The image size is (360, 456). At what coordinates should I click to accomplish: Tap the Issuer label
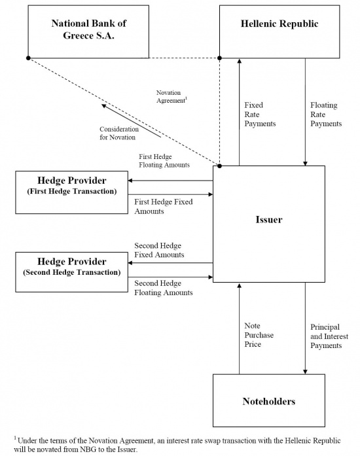[x=269, y=219]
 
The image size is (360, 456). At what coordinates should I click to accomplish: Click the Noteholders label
[x=269, y=401]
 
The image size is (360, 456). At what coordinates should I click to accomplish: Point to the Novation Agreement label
[x=171, y=97]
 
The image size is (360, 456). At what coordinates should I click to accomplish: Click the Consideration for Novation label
[x=118, y=133]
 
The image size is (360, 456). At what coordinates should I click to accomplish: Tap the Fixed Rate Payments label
[x=260, y=114]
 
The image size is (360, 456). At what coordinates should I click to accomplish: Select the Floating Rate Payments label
[x=326, y=114]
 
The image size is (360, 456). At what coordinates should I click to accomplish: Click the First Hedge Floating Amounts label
[x=164, y=161]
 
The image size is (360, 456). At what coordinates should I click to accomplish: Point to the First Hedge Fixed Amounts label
[x=163, y=207]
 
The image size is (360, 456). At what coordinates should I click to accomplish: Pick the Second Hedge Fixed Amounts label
[x=159, y=250]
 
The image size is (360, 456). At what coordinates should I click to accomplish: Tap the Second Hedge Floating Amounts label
[x=163, y=288]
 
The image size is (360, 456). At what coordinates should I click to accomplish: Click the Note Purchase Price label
[x=259, y=335]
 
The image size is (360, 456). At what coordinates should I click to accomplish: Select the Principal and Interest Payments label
[x=329, y=336]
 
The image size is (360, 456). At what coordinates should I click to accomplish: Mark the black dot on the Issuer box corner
[x=220, y=166]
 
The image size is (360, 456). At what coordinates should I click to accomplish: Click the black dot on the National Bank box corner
[x=28, y=58]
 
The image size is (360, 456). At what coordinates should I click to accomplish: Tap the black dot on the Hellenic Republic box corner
[x=220, y=58]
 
